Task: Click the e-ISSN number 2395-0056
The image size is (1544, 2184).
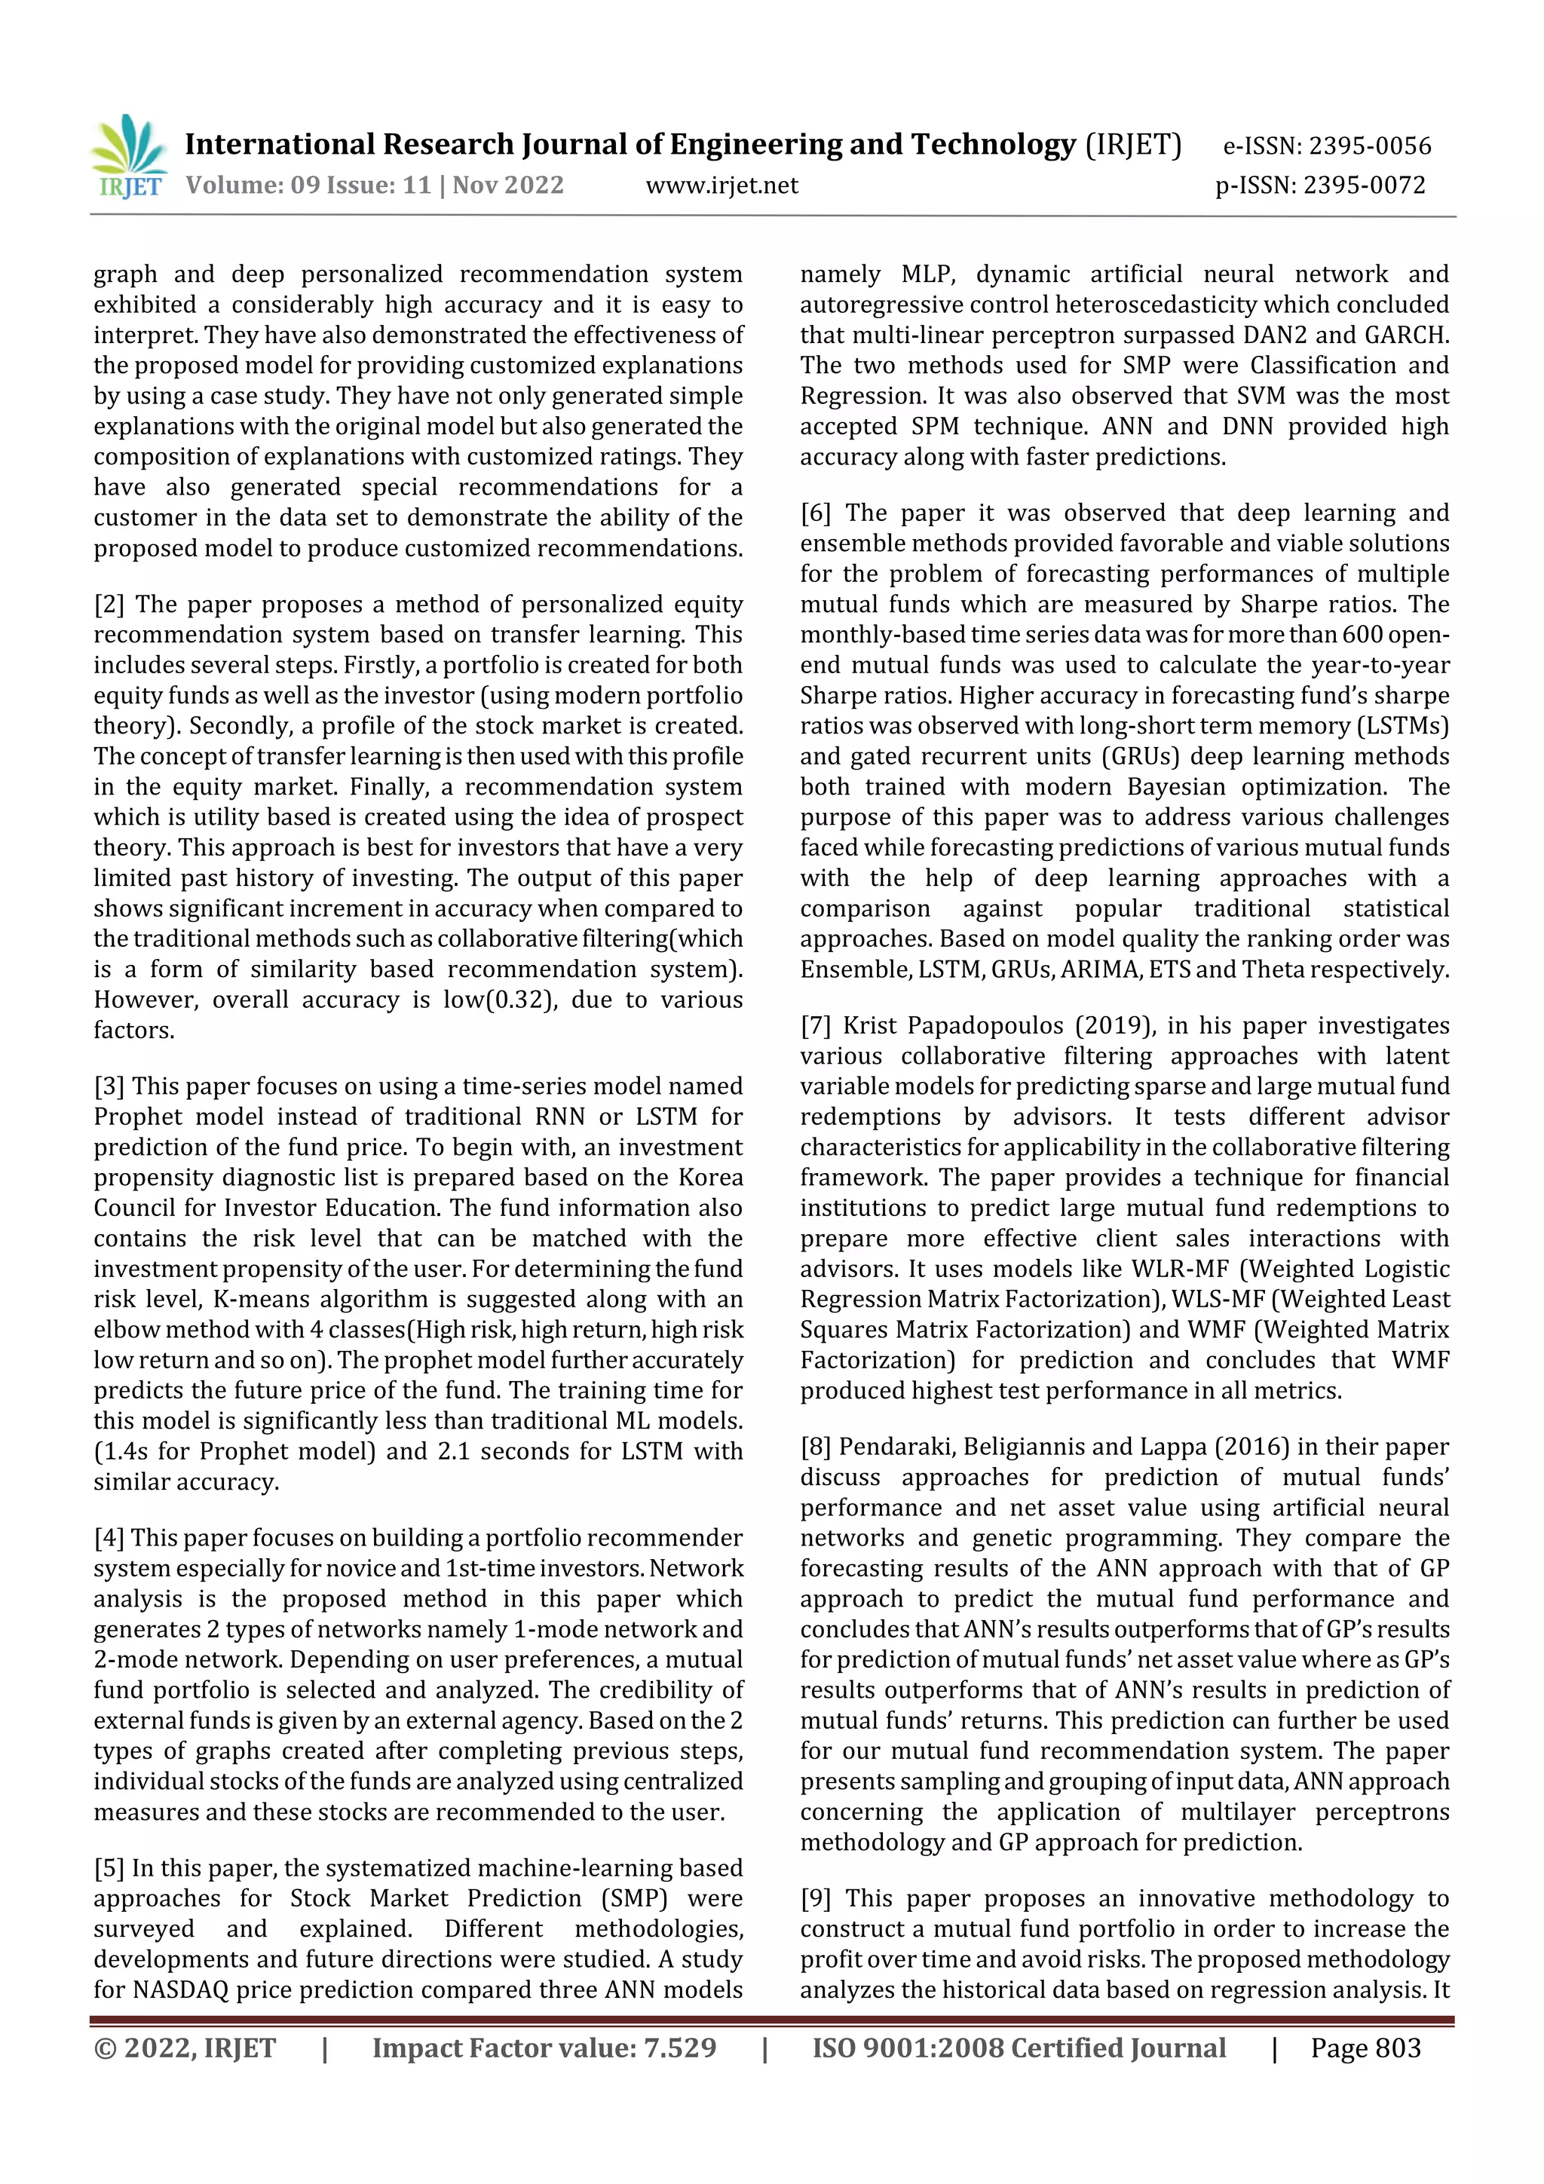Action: click(x=1369, y=145)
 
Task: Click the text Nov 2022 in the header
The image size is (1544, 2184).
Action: click(x=508, y=185)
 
